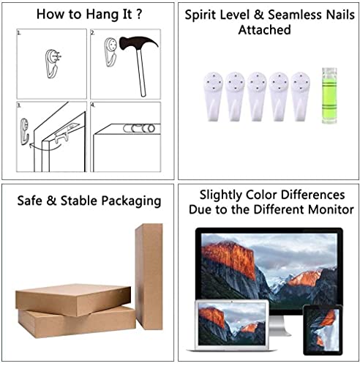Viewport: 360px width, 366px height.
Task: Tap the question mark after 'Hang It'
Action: point(139,14)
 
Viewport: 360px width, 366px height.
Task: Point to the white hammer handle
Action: point(141,72)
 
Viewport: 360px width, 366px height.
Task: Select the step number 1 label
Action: point(19,32)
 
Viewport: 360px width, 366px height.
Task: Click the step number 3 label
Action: point(19,105)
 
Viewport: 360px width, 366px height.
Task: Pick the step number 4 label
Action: point(93,105)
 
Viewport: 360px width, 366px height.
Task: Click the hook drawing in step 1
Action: point(53,64)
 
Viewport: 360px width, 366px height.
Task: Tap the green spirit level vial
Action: point(329,96)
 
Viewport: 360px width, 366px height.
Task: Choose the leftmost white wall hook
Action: point(213,97)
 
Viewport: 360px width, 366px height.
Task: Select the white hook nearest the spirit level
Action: point(301,97)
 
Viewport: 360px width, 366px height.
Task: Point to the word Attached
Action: point(265,30)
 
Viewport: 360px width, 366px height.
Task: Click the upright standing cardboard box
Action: point(149,277)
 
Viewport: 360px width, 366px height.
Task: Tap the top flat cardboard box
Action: point(73,299)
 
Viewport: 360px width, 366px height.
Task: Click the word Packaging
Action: point(131,201)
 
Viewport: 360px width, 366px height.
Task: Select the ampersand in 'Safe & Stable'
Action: point(51,201)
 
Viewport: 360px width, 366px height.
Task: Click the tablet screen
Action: point(323,329)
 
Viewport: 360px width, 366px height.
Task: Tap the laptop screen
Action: point(232,324)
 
